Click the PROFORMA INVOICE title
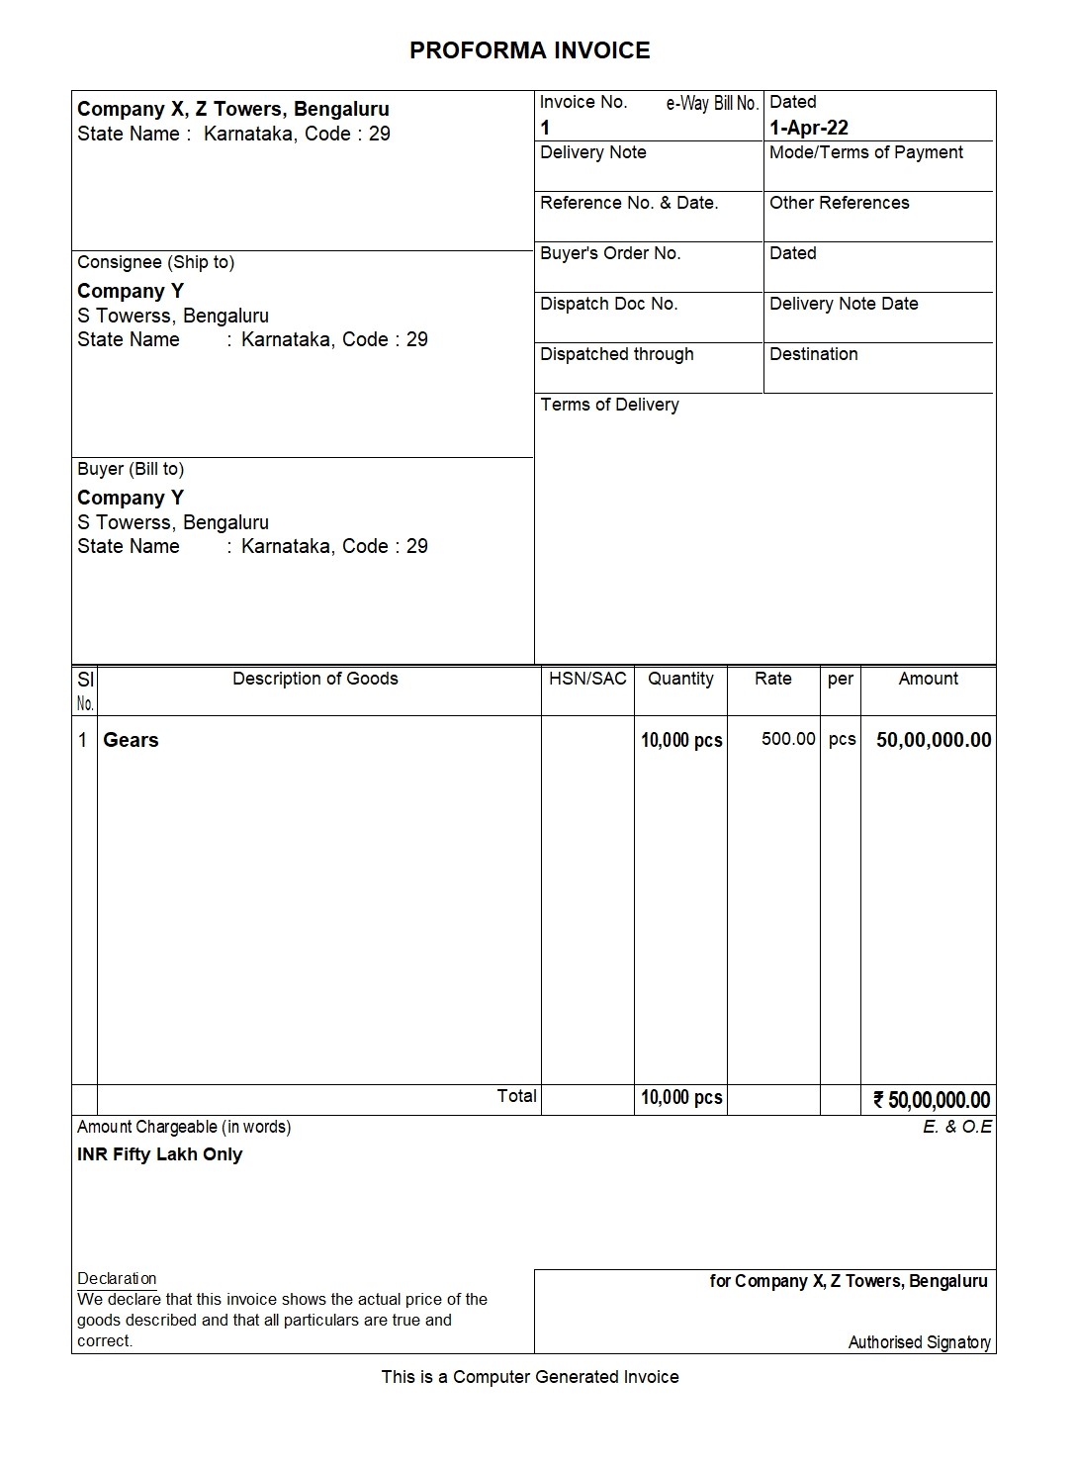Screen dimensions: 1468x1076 529,50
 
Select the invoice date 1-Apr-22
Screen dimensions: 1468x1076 808,128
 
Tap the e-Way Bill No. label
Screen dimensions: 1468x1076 712,103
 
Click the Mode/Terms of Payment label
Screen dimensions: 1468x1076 865,152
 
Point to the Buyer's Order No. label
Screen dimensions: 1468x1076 610,253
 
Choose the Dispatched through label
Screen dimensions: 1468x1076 616,354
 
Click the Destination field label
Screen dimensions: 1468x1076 813,354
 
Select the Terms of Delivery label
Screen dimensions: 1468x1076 609,405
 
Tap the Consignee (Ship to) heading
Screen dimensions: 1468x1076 155,262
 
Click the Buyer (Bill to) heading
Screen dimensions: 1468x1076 131,469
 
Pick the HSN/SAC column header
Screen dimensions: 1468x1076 587,679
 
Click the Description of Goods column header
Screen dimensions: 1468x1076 314,679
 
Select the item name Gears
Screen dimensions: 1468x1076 131,740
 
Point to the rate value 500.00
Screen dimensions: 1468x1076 788,739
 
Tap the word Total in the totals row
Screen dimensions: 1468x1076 516,1096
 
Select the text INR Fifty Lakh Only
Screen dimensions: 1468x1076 159,1154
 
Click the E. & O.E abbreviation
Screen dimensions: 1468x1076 956,1127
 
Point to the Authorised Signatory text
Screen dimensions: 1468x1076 919,1342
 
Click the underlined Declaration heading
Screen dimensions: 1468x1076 117,1278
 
